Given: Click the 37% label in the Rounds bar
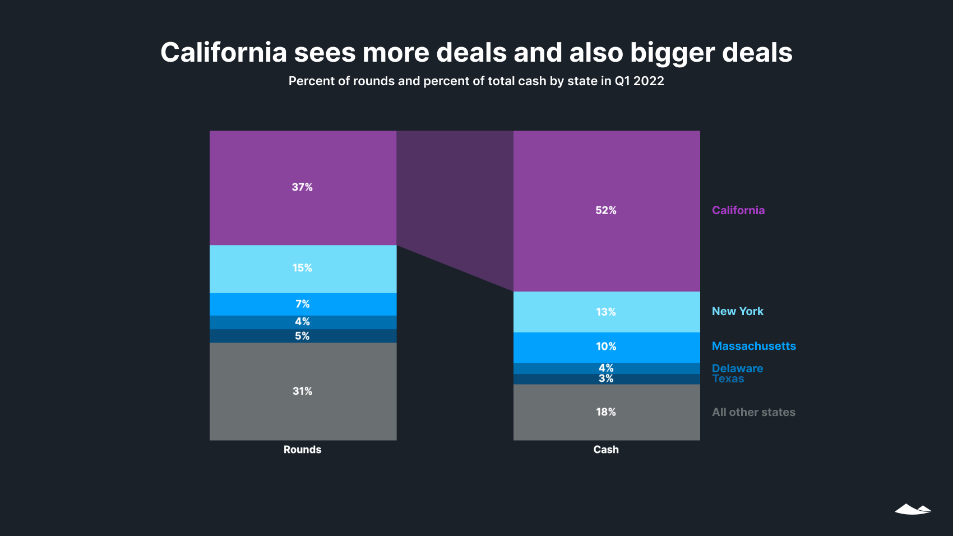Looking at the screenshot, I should pos(302,187).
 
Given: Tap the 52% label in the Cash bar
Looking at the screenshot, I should pos(605,210).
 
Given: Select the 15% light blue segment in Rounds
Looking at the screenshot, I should pos(303,269).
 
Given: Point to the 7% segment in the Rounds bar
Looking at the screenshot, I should pos(303,304).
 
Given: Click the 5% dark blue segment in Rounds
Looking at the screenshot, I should pos(303,336).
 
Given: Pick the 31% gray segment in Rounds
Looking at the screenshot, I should pos(303,391).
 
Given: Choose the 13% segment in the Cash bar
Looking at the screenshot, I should pos(606,312).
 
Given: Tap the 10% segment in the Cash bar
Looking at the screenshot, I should pos(606,346).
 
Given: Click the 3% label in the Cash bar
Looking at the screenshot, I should pos(606,379).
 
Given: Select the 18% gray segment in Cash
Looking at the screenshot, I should pos(606,412).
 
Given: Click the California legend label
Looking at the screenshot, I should pos(738,210).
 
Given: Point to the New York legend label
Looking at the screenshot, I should pos(737,311).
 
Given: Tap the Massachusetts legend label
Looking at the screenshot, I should pos(753,346).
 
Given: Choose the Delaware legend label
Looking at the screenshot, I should pos(737,368).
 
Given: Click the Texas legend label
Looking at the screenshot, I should pos(728,380).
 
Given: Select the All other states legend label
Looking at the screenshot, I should pos(753,412).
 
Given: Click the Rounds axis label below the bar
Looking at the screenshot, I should pos(302,450).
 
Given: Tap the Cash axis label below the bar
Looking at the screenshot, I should pos(606,450).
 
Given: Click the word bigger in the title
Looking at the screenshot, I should pos(672,53).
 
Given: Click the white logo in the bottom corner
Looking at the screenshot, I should pos(913,509).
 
